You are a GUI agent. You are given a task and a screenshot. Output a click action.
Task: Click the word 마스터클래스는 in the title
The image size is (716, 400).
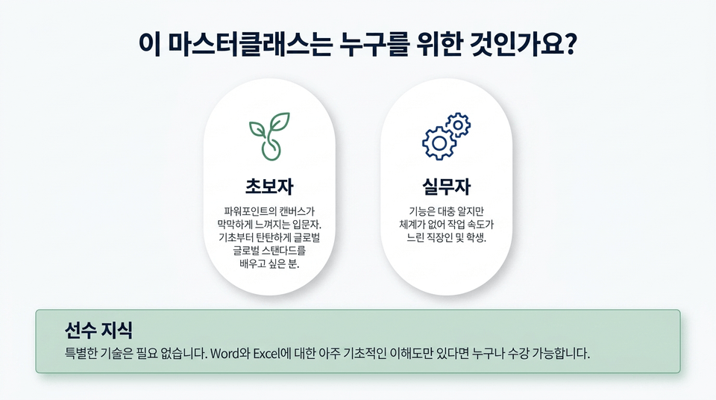pyautogui.click(x=248, y=44)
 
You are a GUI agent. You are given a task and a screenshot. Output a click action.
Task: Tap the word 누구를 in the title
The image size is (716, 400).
pyautogui.click(x=374, y=44)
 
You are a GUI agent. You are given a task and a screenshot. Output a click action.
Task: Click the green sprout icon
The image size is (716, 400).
pyautogui.click(x=269, y=137)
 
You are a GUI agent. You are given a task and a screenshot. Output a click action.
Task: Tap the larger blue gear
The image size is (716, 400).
pyautogui.click(x=439, y=143)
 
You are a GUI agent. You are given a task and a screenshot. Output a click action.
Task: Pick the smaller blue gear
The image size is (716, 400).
pyautogui.click(x=458, y=125)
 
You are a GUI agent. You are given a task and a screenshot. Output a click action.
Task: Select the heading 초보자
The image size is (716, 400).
pyautogui.click(x=269, y=186)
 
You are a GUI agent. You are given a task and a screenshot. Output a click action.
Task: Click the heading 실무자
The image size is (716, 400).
pyautogui.click(x=446, y=186)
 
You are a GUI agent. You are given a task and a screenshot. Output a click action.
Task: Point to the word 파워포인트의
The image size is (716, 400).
pyautogui.click(x=251, y=211)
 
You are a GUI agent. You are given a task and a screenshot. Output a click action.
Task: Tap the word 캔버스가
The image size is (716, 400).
pyautogui.click(x=298, y=211)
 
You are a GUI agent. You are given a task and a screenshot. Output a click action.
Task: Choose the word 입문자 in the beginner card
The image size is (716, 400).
pyautogui.click(x=309, y=225)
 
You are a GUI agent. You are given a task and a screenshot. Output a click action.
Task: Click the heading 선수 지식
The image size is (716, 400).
pyautogui.click(x=98, y=330)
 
